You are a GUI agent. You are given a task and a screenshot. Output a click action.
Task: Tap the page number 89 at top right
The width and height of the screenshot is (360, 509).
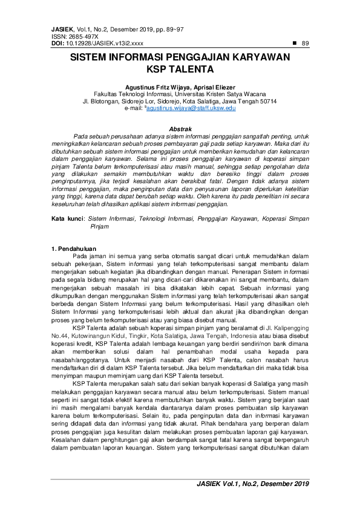[305, 44]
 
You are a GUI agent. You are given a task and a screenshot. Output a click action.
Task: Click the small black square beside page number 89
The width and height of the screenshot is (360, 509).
[294, 44]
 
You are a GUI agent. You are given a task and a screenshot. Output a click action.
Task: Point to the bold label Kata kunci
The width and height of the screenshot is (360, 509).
[67, 218]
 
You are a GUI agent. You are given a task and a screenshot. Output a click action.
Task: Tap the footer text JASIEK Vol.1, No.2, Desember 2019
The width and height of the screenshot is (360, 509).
[252, 485]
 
